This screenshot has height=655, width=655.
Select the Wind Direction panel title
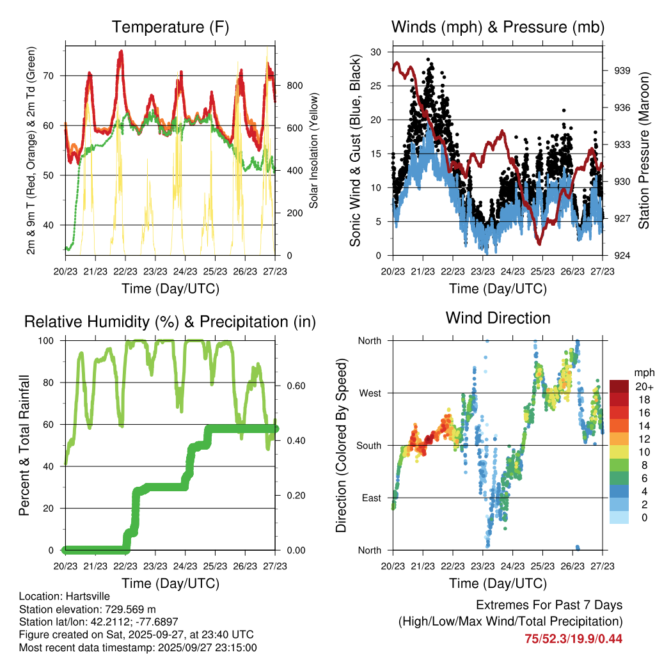tap(498, 318)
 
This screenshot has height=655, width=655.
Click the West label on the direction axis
tap(369, 393)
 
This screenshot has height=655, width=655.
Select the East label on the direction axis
tap(370, 498)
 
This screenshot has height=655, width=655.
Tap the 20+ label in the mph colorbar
tap(643, 386)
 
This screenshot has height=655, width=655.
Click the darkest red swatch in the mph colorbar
tap(620, 386)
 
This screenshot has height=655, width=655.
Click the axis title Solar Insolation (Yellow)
tap(313, 151)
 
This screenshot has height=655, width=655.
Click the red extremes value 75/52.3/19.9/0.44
tap(573, 638)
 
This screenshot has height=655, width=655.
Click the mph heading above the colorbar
tap(642, 372)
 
